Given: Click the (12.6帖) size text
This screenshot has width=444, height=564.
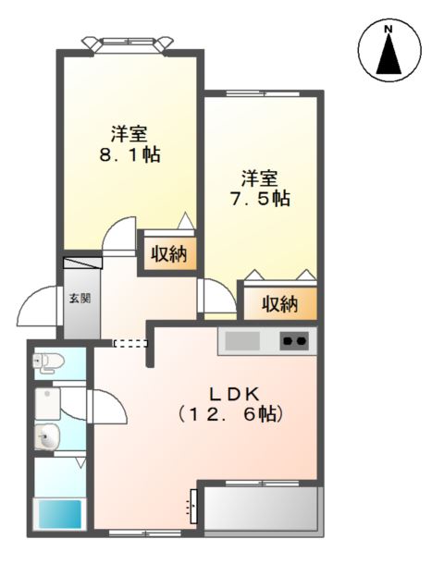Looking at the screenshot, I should tap(231, 414).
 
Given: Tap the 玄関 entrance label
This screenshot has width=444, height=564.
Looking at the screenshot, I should tap(79, 299).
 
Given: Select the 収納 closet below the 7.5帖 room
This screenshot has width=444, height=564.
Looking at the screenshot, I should tap(278, 303).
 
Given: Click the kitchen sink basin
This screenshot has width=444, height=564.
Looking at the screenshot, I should tap(243, 341).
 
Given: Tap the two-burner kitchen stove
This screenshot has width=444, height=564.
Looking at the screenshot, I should tap(295, 341).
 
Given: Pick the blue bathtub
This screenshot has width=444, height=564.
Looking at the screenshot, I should tap(60, 513).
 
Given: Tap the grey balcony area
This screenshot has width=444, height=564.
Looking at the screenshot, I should tap(262, 509).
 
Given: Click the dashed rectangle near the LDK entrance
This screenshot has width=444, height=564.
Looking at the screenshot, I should tap(129, 343).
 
